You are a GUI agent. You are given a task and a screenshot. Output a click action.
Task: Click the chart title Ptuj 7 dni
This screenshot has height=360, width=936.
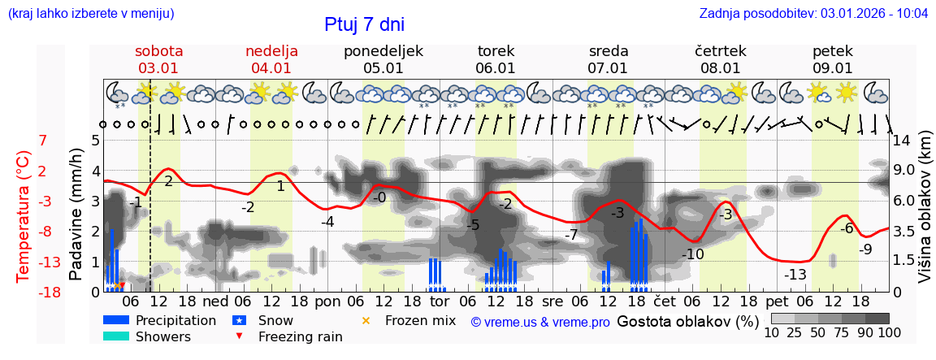(x=364, y=24)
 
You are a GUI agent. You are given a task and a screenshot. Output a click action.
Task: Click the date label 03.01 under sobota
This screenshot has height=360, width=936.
(x=158, y=68)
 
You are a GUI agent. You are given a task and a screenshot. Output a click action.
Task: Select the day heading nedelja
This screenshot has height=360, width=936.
(x=271, y=51)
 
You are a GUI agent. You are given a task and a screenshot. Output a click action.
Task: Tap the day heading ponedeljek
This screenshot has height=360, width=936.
(x=383, y=51)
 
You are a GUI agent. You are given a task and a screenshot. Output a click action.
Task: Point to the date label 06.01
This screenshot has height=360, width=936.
(x=496, y=68)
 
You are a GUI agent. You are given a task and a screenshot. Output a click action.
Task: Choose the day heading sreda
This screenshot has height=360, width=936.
(x=609, y=51)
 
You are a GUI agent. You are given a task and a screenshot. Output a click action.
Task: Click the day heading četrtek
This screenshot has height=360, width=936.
(x=721, y=51)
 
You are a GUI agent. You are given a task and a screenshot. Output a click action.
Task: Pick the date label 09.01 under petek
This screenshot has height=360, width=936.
(x=833, y=68)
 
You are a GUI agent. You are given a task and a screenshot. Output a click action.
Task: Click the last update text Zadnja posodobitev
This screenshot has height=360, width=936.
(x=813, y=14)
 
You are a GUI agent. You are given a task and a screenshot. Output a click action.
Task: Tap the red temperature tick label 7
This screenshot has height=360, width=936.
(x=43, y=141)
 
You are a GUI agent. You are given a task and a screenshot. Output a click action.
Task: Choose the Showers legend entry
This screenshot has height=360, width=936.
(x=163, y=336)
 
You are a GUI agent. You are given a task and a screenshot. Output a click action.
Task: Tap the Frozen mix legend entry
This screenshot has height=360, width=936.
(x=419, y=320)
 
